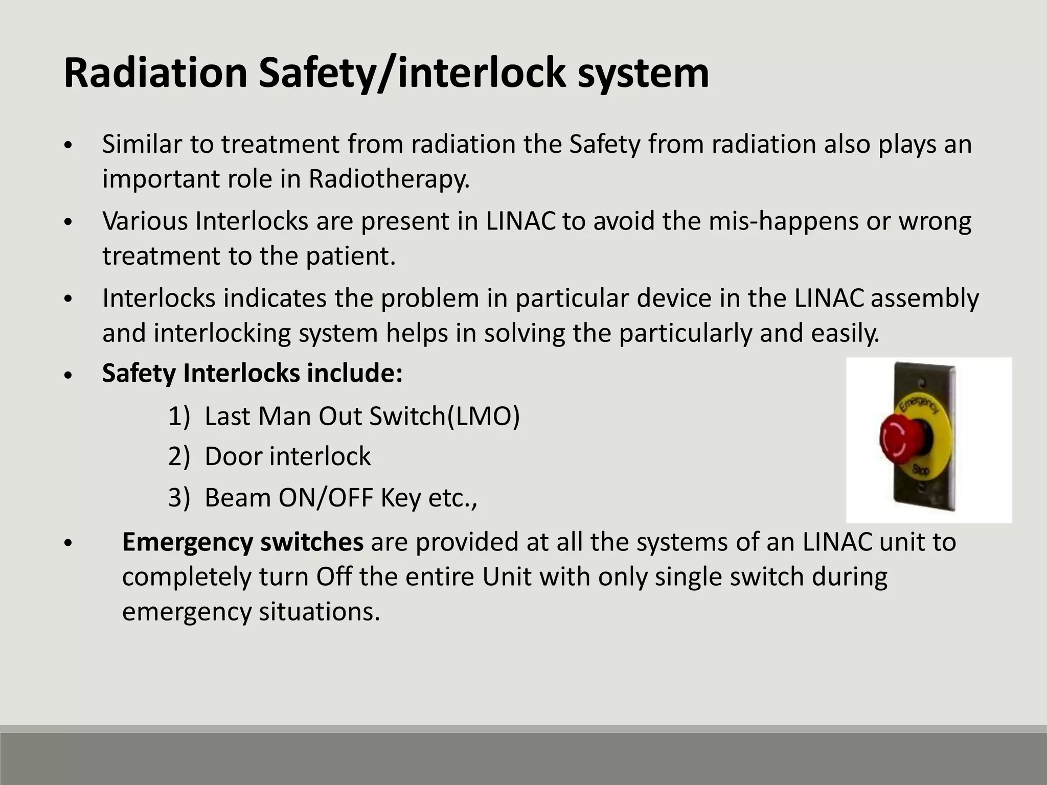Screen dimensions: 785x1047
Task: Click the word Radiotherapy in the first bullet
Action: pyautogui.click(x=389, y=179)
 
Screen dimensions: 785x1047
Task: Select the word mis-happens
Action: pyautogui.click(x=783, y=221)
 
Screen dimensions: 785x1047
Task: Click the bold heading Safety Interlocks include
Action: pyautogui.click(x=252, y=373)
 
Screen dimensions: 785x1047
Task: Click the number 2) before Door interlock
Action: pyautogui.click(x=178, y=456)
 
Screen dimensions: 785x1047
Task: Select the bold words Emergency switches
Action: pyautogui.click(x=242, y=542)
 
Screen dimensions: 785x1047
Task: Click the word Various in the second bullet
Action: pyautogui.click(x=145, y=221)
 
